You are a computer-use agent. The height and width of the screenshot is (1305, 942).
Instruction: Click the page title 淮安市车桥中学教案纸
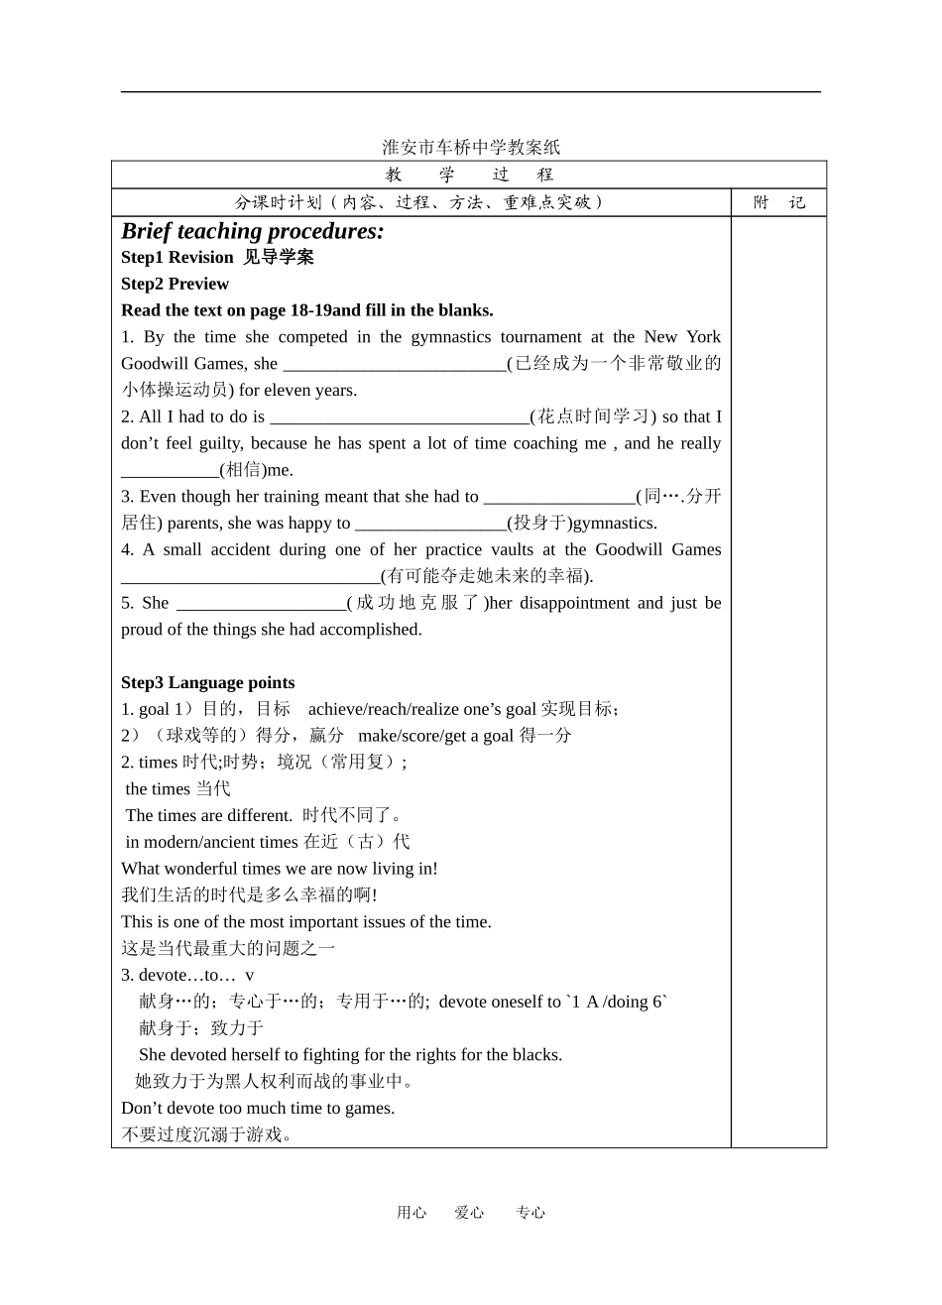[471, 147]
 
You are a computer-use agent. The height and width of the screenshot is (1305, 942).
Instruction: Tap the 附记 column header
[779, 202]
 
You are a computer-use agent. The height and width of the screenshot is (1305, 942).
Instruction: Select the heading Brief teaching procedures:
[253, 231]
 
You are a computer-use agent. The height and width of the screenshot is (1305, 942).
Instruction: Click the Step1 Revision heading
[177, 258]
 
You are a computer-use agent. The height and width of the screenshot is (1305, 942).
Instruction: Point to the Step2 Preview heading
[175, 284]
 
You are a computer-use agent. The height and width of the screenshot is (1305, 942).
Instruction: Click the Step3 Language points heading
[208, 682]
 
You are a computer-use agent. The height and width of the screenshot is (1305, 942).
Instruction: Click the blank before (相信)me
[170, 470]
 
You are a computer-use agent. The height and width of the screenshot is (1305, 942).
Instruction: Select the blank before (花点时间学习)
[400, 417]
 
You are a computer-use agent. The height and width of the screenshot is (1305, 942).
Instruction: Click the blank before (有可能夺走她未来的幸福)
[250, 576]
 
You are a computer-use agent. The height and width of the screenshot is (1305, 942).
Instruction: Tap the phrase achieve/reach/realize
[383, 709]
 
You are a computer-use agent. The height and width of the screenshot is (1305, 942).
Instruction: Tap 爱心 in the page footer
[469, 1212]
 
